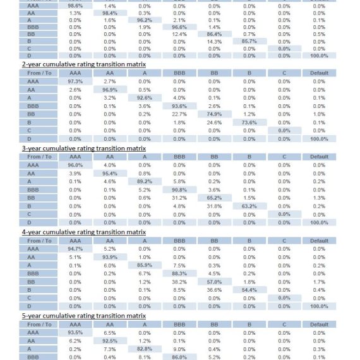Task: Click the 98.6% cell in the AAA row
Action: [75, 6]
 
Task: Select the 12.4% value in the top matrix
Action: [179, 35]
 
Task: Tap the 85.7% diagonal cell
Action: [249, 41]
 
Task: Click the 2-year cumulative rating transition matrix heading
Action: [84, 64]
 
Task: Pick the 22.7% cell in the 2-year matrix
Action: [179, 114]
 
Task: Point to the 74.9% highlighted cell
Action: [215, 114]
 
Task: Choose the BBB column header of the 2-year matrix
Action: [179, 73]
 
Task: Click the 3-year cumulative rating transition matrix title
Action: [84, 148]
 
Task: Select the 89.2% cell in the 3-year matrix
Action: [145, 182]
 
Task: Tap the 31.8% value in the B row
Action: [214, 206]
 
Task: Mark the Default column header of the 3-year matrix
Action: [319, 157]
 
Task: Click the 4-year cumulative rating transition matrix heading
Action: [84, 232]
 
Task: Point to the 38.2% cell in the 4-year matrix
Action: [179, 282]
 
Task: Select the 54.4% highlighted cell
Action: [249, 290]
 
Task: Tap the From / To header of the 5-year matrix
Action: [39, 325]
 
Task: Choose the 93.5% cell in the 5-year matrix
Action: [75, 333]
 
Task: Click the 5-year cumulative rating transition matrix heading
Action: [84, 316]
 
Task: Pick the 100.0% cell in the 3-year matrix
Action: [319, 223]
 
